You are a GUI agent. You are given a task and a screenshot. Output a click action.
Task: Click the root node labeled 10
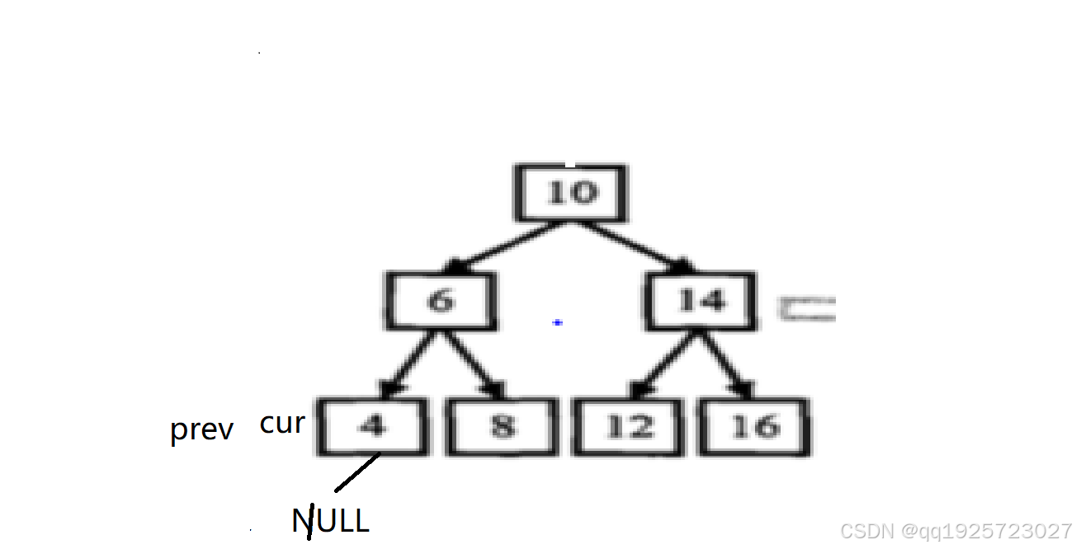pyautogui.click(x=570, y=193)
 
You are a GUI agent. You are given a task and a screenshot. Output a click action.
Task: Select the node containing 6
pyautogui.click(x=441, y=300)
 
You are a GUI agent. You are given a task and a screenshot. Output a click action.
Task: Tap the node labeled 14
pyautogui.click(x=701, y=300)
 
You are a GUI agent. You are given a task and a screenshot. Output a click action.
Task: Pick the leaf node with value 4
pyautogui.click(x=374, y=426)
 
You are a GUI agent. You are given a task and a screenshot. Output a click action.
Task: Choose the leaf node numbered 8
pyautogui.click(x=501, y=426)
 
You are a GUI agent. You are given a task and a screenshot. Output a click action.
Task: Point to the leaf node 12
pyautogui.click(x=630, y=426)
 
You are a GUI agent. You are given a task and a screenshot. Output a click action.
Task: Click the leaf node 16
pyautogui.click(x=754, y=426)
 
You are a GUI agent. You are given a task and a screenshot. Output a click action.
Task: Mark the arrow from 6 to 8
pyautogui.click(x=473, y=363)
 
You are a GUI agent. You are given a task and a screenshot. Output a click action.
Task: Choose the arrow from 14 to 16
pyautogui.click(x=726, y=363)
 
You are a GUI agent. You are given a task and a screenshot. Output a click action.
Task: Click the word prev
pyautogui.click(x=201, y=429)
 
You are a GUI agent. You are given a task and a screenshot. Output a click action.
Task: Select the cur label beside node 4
pyautogui.click(x=282, y=424)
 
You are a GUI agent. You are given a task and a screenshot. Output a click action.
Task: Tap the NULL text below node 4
pyautogui.click(x=330, y=521)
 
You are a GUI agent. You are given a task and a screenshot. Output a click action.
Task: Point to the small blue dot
pyautogui.click(x=557, y=322)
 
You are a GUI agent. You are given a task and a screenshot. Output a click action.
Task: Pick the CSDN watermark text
pyautogui.click(x=956, y=530)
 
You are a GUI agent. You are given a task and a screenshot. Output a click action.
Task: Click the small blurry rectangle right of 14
pyautogui.click(x=807, y=309)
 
